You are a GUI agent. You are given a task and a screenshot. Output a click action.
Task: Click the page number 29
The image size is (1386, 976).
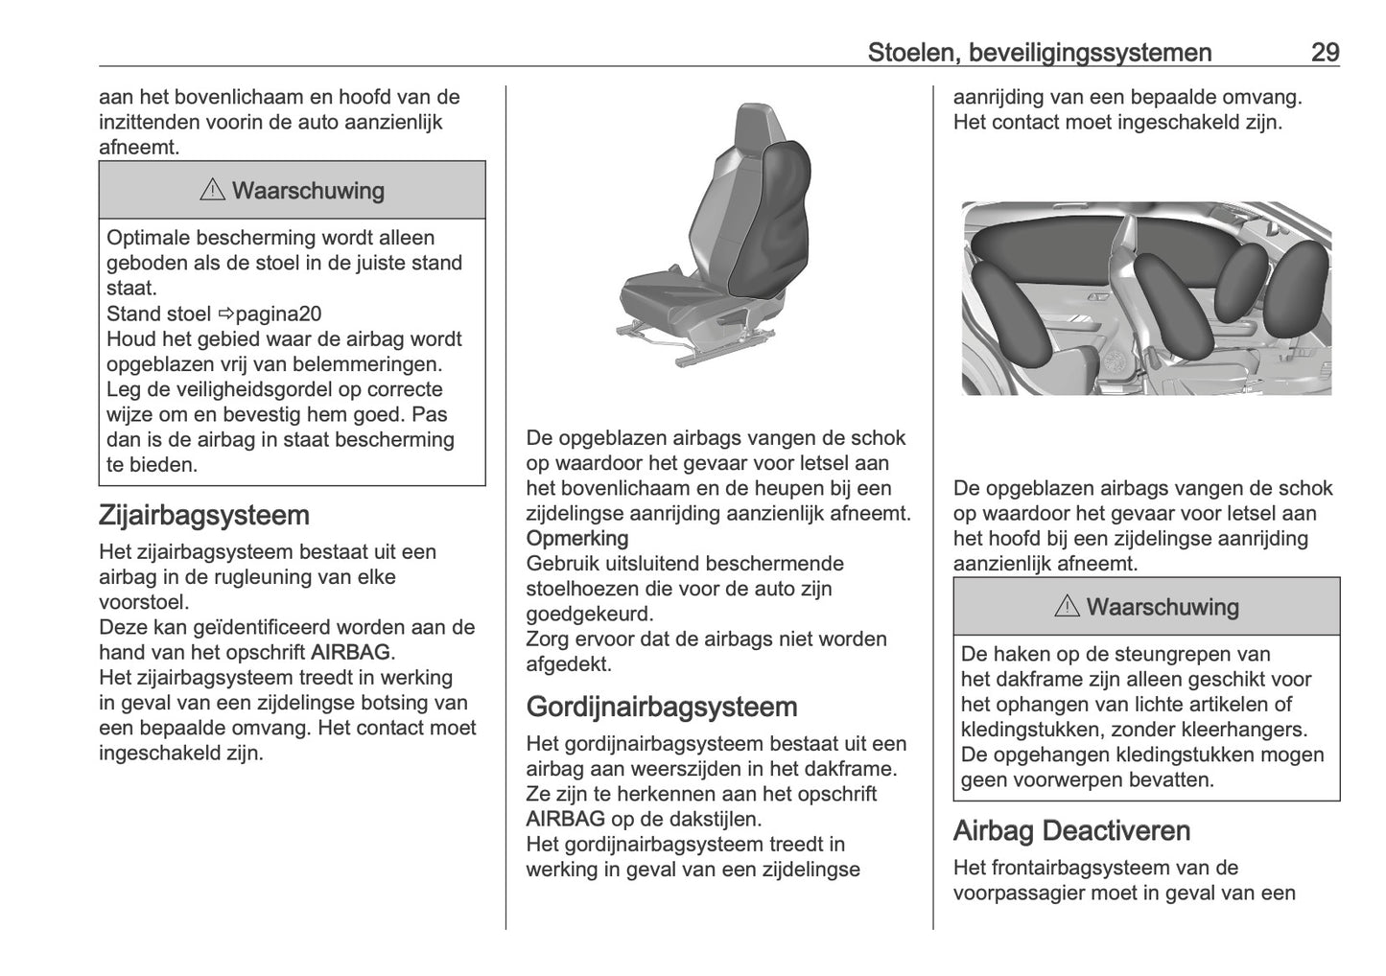coord(1325,52)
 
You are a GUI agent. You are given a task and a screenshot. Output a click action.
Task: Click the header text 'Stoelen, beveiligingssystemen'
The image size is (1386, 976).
coord(1039,52)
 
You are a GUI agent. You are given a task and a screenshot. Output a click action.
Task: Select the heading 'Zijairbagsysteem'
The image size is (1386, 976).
coord(203,515)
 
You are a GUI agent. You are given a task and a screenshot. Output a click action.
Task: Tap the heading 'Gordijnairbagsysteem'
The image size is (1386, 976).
coord(662,707)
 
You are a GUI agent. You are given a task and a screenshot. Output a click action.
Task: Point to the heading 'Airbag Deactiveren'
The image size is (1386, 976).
coord(1071,830)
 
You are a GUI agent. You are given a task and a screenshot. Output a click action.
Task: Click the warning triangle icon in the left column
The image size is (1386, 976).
coord(212,190)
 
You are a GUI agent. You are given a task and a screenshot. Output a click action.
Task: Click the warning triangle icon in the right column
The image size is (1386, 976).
coord(1067,607)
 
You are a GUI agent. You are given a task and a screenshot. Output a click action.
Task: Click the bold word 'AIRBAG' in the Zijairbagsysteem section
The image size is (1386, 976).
coord(351,653)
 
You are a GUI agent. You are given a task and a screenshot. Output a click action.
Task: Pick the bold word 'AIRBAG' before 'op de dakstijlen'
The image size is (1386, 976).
coord(565,819)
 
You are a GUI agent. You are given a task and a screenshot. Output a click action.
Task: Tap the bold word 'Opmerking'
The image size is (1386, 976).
coord(577,538)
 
